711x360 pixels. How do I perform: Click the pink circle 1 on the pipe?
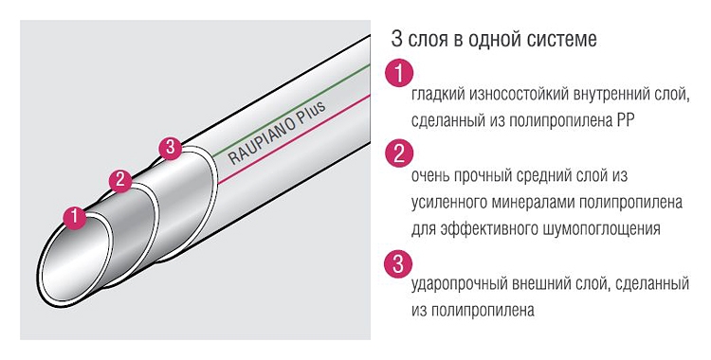[75, 218]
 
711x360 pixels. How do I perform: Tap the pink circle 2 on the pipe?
[120, 180]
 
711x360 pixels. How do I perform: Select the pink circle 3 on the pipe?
[170, 148]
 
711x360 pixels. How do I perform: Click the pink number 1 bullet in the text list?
[399, 73]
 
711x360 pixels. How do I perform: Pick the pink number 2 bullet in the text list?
[399, 153]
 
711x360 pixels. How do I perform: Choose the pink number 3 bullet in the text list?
[398, 264]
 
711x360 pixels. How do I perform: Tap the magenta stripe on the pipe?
[294, 139]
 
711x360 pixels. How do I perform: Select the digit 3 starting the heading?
[397, 39]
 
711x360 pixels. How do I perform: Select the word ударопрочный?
[459, 285]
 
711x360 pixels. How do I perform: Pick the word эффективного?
[489, 228]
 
